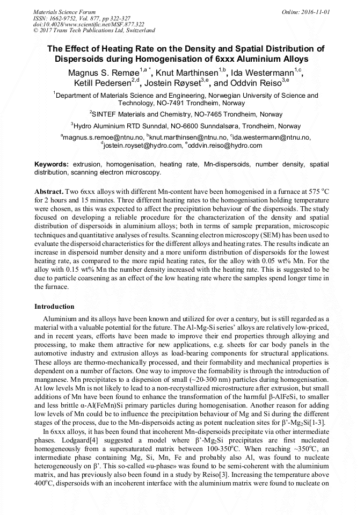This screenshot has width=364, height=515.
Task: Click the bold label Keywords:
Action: [52, 164]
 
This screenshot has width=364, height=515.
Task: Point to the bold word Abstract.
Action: [49, 192]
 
